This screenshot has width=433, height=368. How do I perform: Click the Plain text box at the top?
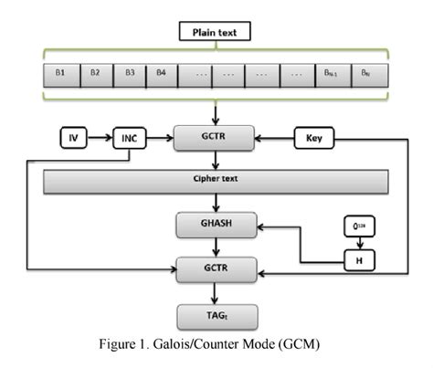click(x=216, y=34)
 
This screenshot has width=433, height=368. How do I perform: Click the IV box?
click(x=74, y=140)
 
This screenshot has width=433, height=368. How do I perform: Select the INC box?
click(x=130, y=140)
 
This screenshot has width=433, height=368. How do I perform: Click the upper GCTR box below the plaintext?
click(x=216, y=140)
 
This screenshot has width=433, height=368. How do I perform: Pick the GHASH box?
click(x=216, y=223)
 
